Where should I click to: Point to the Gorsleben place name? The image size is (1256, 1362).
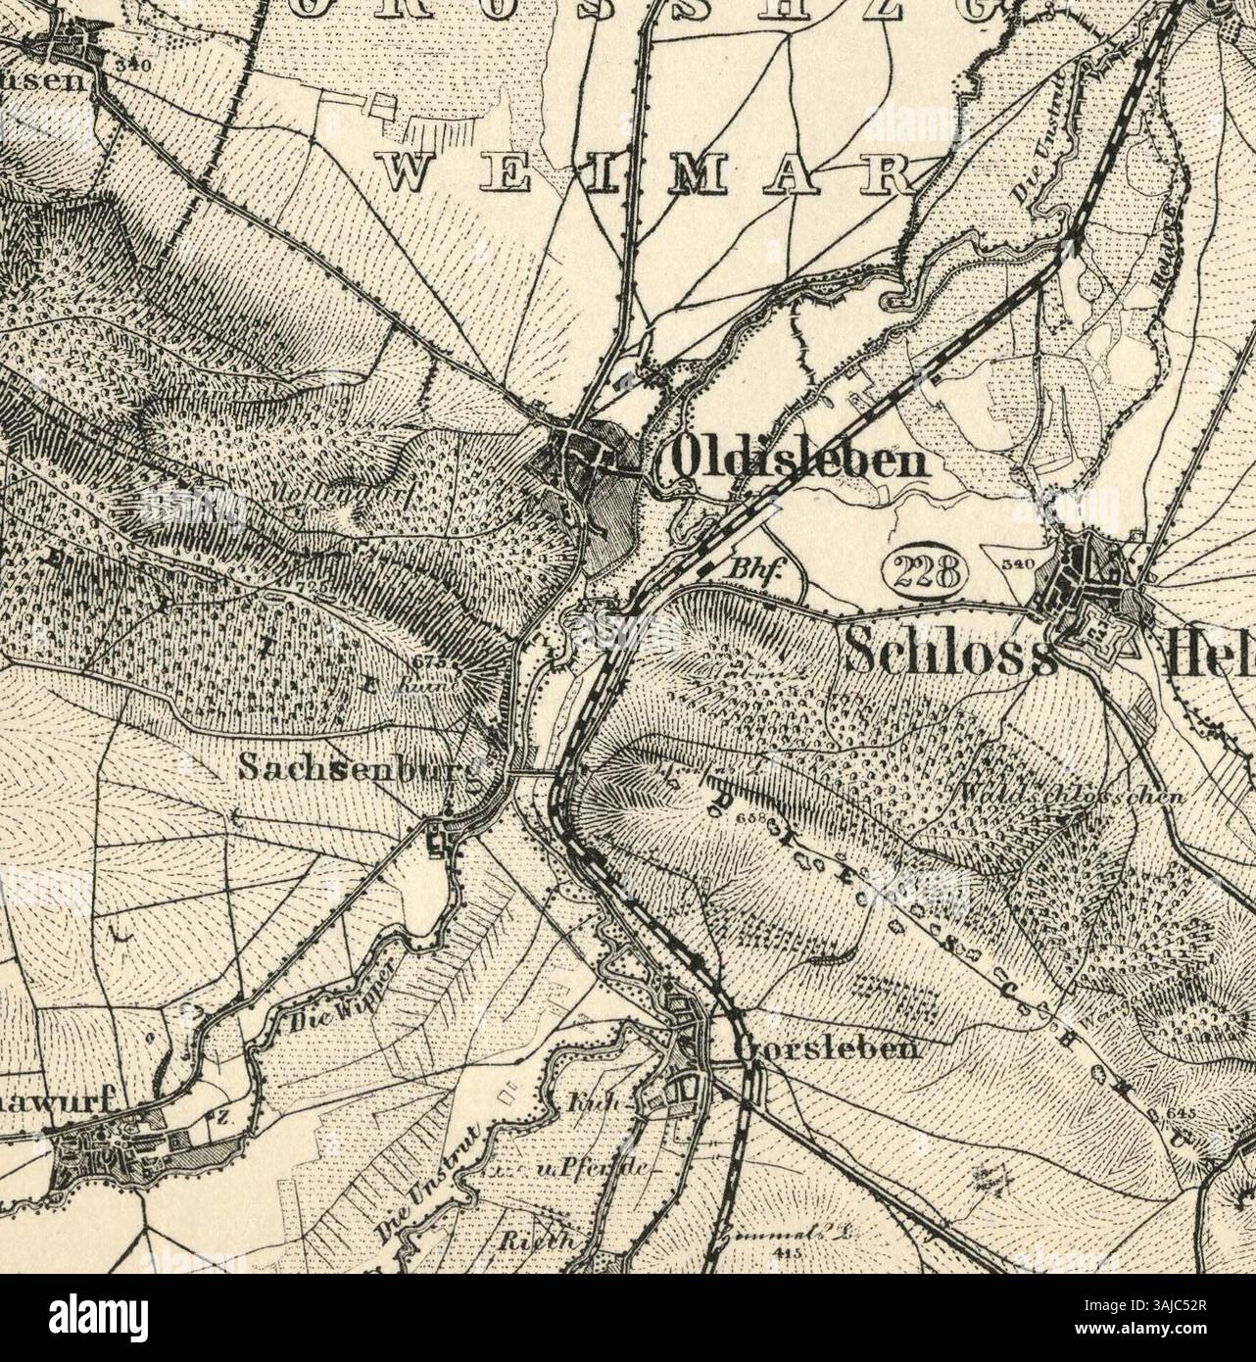pos(828,1050)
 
